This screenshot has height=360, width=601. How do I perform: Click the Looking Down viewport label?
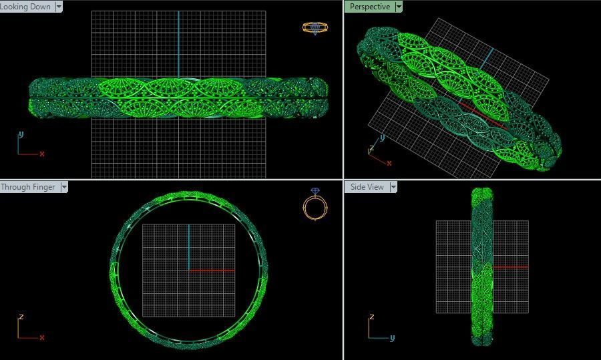(26, 7)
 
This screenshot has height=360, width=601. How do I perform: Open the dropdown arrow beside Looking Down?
(59, 7)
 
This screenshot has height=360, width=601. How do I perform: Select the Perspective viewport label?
(369, 7)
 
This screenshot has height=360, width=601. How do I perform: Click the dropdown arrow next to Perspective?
(399, 7)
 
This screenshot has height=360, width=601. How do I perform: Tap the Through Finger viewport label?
(28, 187)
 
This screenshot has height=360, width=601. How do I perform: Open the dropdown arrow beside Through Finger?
(64, 187)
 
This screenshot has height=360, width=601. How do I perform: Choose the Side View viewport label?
(367, 187)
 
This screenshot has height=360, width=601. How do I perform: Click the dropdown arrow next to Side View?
(393, 187)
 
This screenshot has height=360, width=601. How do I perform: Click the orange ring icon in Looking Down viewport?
(315, 27)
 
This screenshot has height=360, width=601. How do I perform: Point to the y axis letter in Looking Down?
(21, 134)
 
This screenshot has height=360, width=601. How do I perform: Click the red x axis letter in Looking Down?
(42, 154)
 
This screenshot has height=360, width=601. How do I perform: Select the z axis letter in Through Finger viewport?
(21, 317)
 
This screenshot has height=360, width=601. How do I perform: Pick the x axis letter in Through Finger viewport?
(42, 337)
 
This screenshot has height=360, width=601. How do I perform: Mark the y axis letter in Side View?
(393, 337)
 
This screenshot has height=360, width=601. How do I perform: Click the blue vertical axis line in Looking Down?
(179, 40)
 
